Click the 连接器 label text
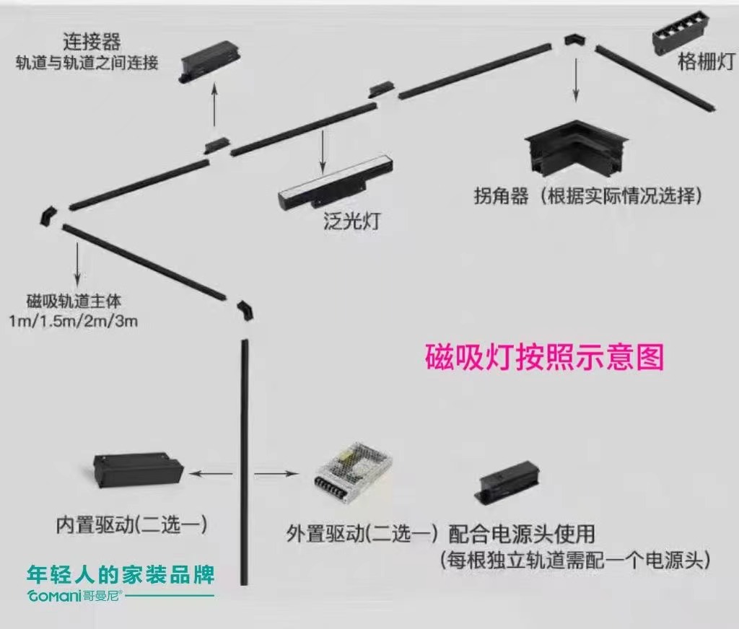tap(92, 40)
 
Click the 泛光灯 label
tap(351, 221)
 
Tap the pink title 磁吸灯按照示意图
tap(544, 356)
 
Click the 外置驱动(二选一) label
tap(362, 535)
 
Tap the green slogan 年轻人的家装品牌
tap(121, 575)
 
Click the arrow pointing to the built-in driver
tap(211, 474)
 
